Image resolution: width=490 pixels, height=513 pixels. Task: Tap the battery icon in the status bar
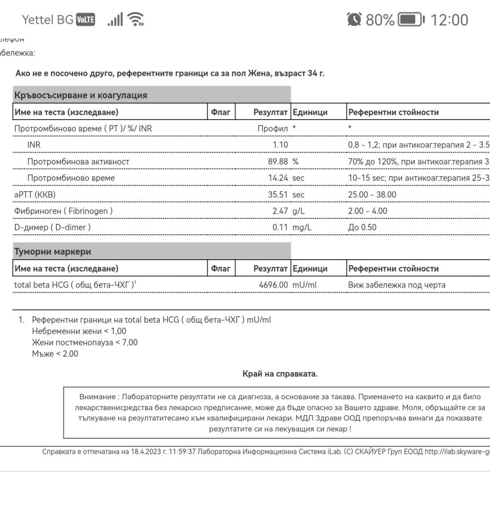411,20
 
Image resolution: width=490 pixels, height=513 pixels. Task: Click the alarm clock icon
354,20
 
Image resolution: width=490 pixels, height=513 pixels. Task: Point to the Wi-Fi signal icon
135,20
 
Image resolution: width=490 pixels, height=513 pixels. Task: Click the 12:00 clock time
449,20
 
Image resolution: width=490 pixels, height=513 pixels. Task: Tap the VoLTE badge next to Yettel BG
86,20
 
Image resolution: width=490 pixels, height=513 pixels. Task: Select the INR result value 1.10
280,145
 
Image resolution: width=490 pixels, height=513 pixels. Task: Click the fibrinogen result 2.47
280,211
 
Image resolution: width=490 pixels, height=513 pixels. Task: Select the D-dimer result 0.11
280,227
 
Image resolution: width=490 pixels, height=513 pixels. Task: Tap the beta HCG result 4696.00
274,285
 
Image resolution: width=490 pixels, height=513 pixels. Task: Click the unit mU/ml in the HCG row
304,285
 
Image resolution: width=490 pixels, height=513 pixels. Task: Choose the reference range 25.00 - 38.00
372,194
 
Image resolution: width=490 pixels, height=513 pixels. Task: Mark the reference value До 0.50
362,227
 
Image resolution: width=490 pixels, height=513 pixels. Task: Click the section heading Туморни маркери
53,251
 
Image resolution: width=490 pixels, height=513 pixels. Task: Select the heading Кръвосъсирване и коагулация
81,95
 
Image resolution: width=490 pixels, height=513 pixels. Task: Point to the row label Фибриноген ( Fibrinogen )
64,211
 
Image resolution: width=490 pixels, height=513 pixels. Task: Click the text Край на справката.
280,374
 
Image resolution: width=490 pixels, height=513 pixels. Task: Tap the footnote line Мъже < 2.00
55,354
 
